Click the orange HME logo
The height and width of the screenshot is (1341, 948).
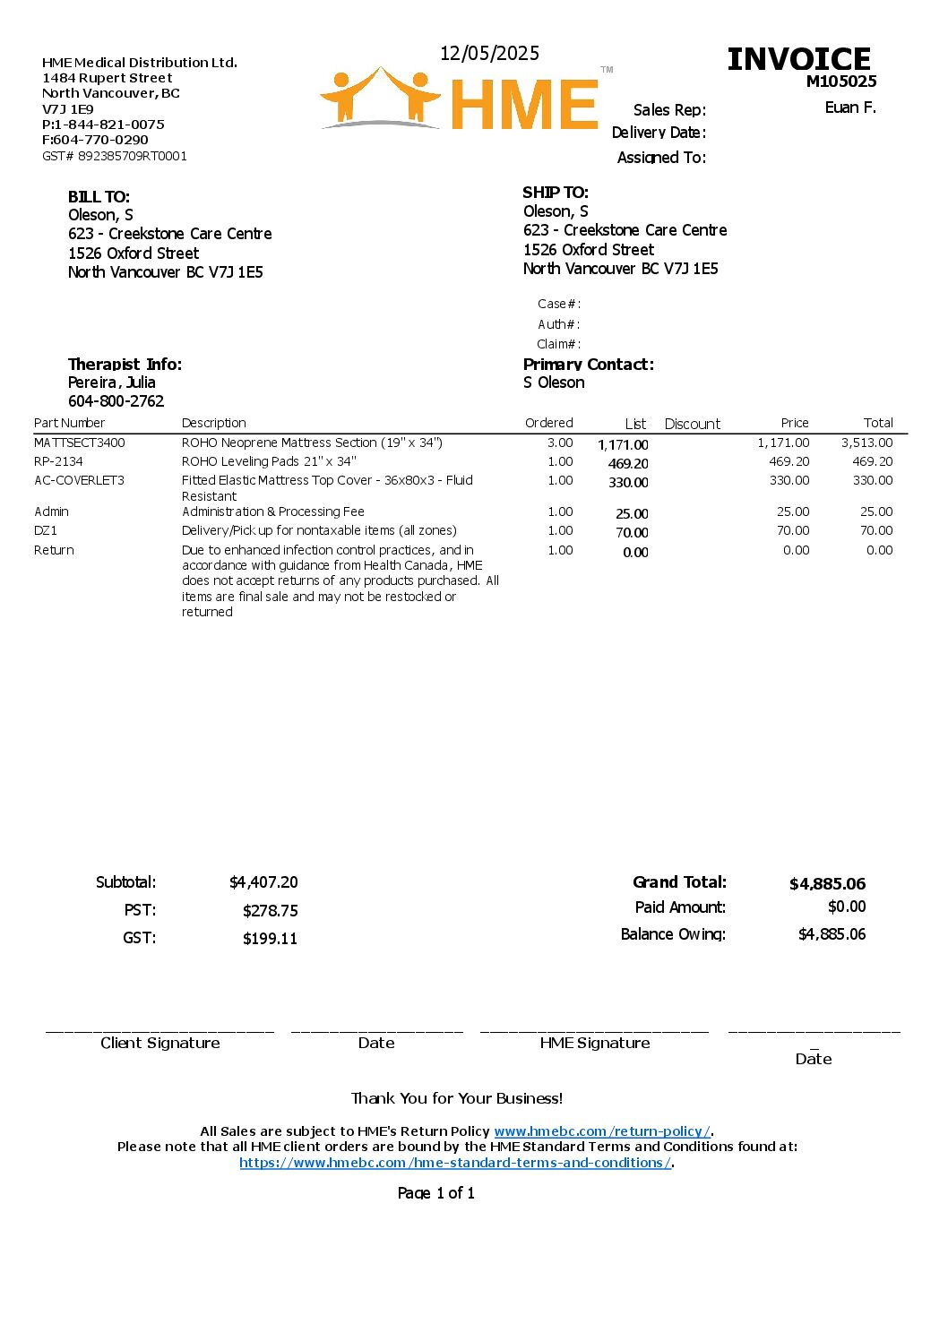[x=460, y=100]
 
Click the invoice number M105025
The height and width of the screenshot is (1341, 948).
[x=840, y=82]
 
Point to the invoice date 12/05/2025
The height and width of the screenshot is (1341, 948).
[x=489, y=54]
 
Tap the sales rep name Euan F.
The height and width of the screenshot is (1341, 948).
[x=849, y=107]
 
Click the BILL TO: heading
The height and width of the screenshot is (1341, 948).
[x=99, y=197]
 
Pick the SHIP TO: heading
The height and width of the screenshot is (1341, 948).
[x=556, y=193]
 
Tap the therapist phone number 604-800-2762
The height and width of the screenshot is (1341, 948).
[x=116, y=401]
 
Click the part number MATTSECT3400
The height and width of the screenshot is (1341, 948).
[x=80, y=443]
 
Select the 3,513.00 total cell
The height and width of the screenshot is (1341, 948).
[x=866, y=443]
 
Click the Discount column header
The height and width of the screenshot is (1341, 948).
[x=692, y=424]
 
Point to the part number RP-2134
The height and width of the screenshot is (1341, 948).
[x=58, y=461]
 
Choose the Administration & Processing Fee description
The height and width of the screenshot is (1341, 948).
[x=273, y=511]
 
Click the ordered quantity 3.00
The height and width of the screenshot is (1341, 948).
[x=560, y=443]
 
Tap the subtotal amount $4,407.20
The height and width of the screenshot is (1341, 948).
[x=263, y=882]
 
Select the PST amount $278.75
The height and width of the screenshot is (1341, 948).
[x=270, y=911]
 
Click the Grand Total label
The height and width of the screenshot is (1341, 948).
[x=679, y=882]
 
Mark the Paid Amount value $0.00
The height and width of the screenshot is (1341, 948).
[x=847, y=907]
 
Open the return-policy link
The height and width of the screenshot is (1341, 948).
[x=602, y=1131]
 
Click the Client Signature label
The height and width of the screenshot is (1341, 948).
[x=159, y=1043]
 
